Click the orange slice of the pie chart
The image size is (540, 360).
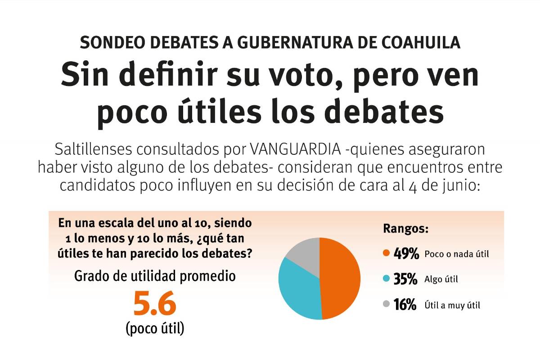click(340, 279)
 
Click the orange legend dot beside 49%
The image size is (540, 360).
click(386, 253)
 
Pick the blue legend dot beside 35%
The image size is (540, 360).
click(386, 279)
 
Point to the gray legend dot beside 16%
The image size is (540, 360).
click(386, 305)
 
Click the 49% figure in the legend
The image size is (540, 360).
click(406, 253)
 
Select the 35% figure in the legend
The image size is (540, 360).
click(405, 279)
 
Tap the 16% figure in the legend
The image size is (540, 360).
click(405, 305)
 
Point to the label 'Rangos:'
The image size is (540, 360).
click(405, 229)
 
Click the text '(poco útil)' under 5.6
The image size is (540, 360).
click(154, 328)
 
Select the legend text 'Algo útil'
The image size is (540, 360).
click(441, 279)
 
